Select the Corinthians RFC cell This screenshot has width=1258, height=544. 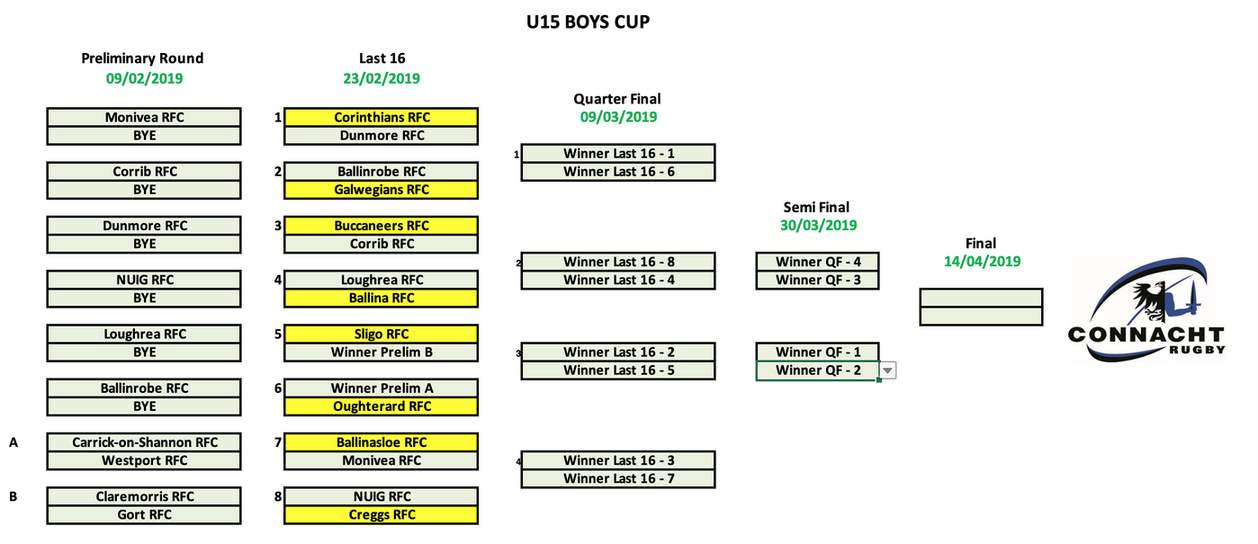(382, 118)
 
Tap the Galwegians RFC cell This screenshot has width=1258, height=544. (382, 190)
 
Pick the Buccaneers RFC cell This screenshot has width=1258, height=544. (382, 226)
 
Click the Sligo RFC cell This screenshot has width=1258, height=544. (382, 334)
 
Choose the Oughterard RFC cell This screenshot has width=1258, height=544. (382, 406)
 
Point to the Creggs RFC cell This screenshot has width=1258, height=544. (382, 515)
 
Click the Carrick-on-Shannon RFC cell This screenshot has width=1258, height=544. (144, 442)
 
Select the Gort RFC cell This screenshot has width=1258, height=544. (144, 515)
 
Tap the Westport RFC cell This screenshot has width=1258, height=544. (144, 460)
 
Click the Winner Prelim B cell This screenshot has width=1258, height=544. (382, 352)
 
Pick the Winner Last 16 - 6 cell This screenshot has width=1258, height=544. (618, 172)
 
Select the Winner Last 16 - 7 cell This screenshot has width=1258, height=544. (618, 478)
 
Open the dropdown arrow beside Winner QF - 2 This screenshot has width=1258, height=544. (887, 370)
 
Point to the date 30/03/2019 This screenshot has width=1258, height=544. (818, 226)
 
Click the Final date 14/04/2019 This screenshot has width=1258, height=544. (981, 262)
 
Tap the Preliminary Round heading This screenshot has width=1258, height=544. (143, 58)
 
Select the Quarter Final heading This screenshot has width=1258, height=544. (617, 99)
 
